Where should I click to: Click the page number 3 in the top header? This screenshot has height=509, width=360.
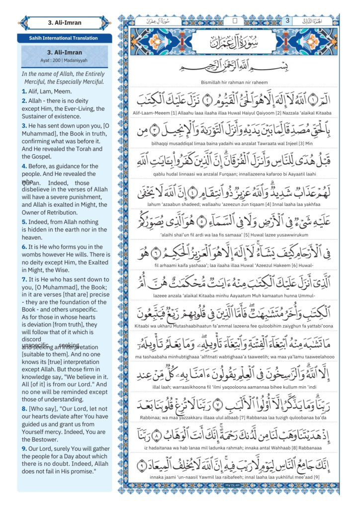pos(287,21)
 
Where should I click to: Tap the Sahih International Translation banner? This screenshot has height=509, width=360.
pos(64,38)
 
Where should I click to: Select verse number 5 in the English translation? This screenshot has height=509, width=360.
pos(24,212)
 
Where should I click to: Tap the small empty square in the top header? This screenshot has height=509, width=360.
pos(235,21)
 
